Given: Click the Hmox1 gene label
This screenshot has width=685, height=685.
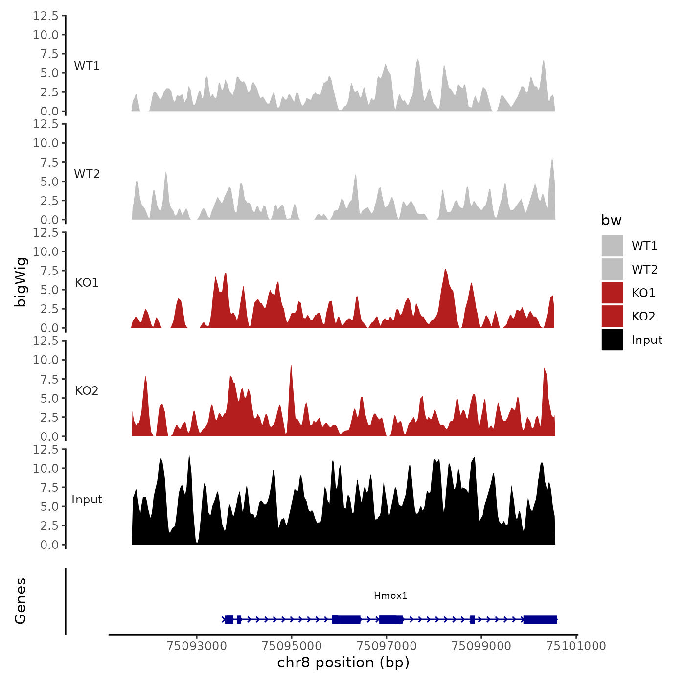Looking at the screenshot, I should (390, 595).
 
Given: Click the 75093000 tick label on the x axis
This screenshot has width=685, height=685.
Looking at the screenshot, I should (197, 646).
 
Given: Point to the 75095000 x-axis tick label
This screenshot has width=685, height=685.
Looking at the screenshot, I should (292, 646).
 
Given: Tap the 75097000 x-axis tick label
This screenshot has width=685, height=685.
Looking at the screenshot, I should (387, 646).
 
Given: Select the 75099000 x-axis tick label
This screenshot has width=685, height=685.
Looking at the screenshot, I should (481, 646).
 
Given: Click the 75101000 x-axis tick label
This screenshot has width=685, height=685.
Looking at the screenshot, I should (576, 646).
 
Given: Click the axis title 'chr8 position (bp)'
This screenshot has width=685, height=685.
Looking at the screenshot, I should (343, 662).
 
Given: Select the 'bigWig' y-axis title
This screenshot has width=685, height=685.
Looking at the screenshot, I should (21, 282).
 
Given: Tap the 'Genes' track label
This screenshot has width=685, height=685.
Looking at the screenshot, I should (21, 601).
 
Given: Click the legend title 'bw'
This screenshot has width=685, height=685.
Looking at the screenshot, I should (611, 220).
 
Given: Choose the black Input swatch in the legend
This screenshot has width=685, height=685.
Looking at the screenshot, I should (612, 340).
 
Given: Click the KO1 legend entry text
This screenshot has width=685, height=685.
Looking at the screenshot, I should (643, 293).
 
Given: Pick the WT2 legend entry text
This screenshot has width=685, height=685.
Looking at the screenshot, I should (644, 269).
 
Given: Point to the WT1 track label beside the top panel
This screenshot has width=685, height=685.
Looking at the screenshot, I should (87, 66).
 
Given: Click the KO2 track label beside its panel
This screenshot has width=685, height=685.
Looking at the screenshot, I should (87, 390).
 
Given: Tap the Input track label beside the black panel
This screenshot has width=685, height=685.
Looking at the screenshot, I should (87, 499).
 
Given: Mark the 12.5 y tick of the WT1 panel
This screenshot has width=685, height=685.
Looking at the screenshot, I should (46, 16).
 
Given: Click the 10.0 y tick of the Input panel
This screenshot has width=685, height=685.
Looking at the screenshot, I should (46, 468).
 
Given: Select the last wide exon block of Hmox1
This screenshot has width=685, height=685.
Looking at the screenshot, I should (540, 619).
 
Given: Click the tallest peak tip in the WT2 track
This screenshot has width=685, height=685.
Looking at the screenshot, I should (552, 158).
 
